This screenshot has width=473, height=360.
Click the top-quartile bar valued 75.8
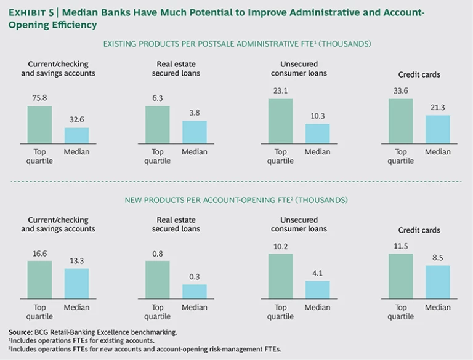tap(40, 124)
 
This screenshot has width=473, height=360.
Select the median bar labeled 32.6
tap(77, 135)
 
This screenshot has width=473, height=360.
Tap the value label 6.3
tap(158, 97)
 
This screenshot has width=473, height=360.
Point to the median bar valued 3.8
tap(195, 132)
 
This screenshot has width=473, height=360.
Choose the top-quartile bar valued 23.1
tap(281, 121)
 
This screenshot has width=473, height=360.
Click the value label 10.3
tap(318, 116)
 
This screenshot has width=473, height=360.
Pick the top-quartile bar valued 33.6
tap(401, 121)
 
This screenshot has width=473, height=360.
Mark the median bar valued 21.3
tap(438, 129)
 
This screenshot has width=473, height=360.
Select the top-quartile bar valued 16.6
tap(40, 279)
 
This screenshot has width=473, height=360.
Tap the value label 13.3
tap(77, 260)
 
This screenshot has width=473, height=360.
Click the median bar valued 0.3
tap(195, 291)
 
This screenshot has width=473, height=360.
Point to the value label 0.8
tap(158, 252)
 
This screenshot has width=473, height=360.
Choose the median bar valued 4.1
tap(318, 290)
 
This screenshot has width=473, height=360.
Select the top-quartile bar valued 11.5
tap(401, 276)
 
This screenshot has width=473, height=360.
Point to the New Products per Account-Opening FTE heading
tap(236, 200)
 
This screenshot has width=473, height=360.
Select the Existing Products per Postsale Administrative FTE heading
tap(236, 43)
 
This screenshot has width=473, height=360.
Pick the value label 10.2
tap(281, 246)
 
